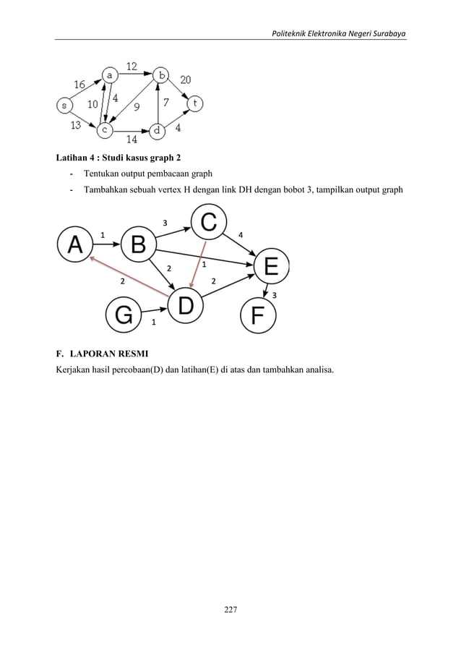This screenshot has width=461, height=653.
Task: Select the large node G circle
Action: tap(124, 315)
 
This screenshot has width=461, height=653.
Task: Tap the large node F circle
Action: tap(258, 315)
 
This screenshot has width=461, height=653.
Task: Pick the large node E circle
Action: tap(271, 267)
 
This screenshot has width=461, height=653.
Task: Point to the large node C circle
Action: tap(208, 222)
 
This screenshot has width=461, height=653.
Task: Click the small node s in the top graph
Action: tap(64, 106)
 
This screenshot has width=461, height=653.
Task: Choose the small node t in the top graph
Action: tap(194, 104)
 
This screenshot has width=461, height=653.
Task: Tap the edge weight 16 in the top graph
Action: tap(79, 84)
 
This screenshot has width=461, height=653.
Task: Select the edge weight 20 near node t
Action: tap(186, 80)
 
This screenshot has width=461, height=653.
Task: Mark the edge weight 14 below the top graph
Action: tap(132, 140)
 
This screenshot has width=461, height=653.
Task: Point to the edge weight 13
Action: tap(75, 124)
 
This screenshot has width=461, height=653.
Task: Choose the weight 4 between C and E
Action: tap(241, 234)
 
